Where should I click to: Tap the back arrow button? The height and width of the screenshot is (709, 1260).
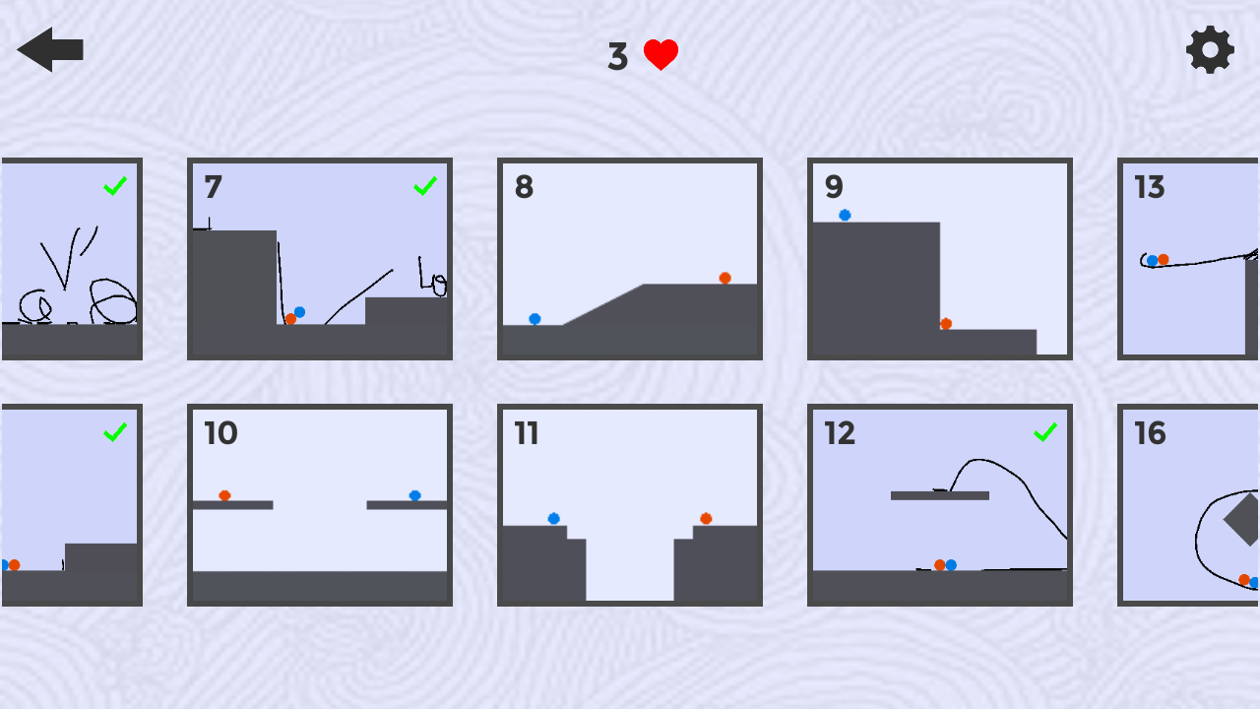(x=50, y=49)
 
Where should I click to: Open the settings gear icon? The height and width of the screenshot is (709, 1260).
(x=1210, y=49)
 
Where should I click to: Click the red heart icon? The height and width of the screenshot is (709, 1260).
(x=661, y=54)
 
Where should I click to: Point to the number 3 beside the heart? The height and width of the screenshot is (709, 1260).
(x=617, y=56)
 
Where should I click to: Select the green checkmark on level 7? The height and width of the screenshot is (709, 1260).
(x=425, y=186)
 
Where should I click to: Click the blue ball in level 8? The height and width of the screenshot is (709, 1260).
(x=535, y=319)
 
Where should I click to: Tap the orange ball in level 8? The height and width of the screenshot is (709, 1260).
(x=725, y=278)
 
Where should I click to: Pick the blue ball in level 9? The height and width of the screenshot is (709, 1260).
(x=845, y=215)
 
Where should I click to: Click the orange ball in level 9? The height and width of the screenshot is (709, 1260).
(x=946, y=324)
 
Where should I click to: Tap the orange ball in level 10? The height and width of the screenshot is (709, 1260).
(x=224, y=495)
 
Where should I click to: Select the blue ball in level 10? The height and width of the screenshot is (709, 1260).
(x=415, y=495)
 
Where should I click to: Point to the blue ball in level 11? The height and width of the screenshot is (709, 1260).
(x=553, y=518)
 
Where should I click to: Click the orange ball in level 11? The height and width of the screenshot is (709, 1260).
(x=706, y=518)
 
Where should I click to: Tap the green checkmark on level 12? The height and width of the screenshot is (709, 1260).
(x=1045, y=432)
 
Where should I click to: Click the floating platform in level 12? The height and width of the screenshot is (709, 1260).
(x=940, y=495)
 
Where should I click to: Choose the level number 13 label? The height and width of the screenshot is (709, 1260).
(x=1149, y=187)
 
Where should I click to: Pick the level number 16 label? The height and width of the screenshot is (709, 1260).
(x=1150, y=433)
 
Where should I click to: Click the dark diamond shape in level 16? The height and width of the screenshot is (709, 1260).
(x=1244, y=519)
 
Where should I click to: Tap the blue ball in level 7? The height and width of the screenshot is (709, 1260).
(x=300, y=312)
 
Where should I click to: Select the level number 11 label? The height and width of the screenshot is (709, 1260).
(x=527, y=433)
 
